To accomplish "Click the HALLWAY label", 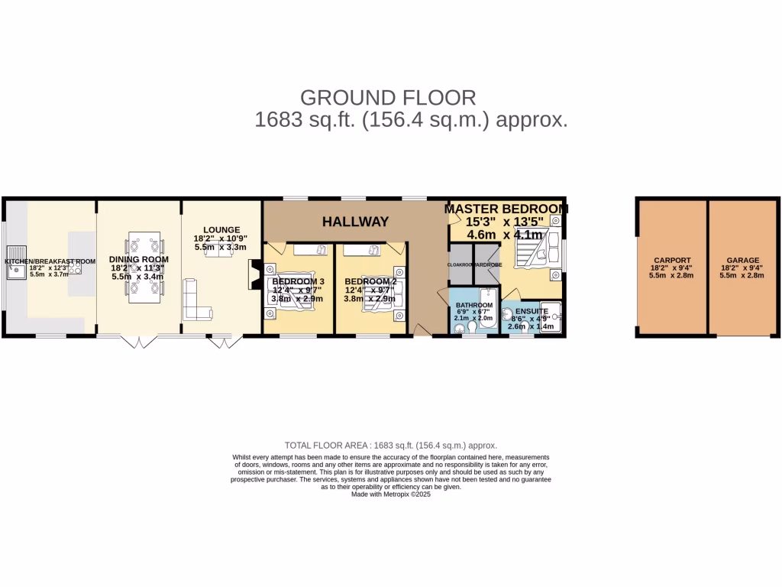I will tap(355, 222).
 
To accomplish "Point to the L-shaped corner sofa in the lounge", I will tap(195, 302).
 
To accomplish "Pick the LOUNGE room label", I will tap(221, 229).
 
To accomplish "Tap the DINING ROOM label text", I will tap(139, 260).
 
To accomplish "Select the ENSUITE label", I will tap(532, 312).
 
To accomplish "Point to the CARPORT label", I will tap(672, 260).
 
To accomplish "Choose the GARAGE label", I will tap(743, 260).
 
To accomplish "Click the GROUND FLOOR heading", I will tap(388, 98).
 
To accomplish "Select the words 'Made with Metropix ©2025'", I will tap(391, 495).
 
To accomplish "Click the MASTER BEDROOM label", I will tap(506, 209).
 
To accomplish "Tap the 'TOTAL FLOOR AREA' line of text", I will tap(391, 446).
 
